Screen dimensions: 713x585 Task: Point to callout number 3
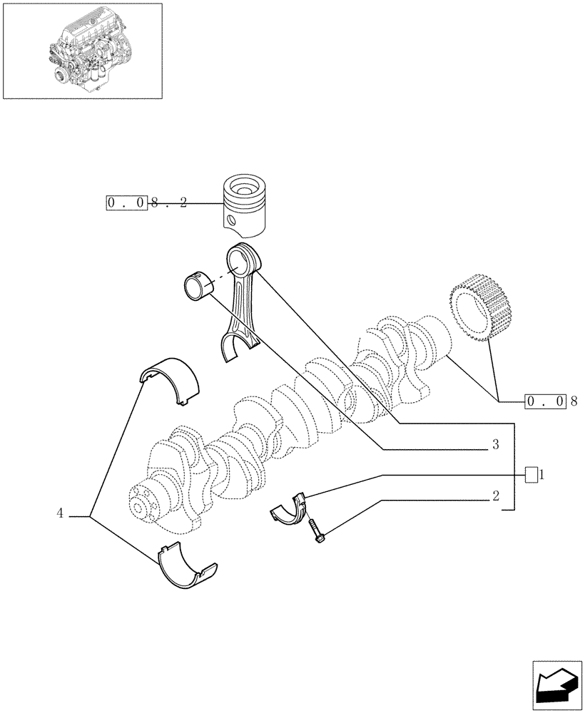coord(494,444)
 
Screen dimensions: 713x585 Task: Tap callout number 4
coord(61,513)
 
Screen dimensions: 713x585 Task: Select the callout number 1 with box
coord(534,474)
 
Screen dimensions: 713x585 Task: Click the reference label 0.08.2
coord(146,203)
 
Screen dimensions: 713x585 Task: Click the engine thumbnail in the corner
coord(82,51)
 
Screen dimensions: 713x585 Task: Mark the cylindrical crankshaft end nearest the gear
coord(431,335)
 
